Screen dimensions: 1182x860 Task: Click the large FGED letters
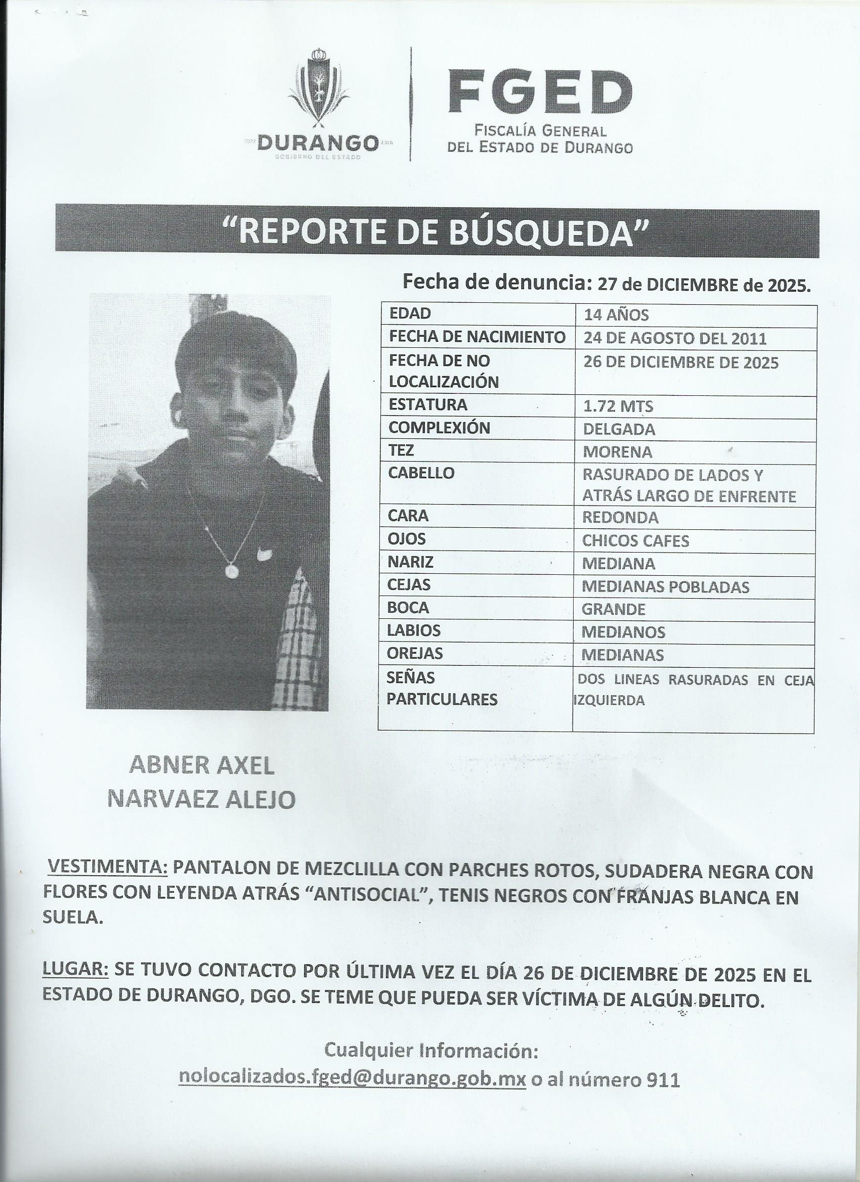(540, 92)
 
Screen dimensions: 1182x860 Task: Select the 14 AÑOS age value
(616, 315)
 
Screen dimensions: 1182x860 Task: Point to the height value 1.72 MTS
(618, 406)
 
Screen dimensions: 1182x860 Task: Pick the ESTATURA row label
(427, 405)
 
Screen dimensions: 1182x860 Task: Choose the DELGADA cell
(619, 429)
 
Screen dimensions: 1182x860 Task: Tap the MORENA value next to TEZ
(618, 452)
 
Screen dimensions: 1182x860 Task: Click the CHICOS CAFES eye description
(636, 541)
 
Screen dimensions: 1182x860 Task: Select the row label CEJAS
(409, 585)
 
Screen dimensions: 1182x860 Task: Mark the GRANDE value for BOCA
(614, 609)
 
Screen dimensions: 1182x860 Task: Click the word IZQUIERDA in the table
(609, 701)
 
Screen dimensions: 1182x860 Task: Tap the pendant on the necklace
(232, 570)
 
